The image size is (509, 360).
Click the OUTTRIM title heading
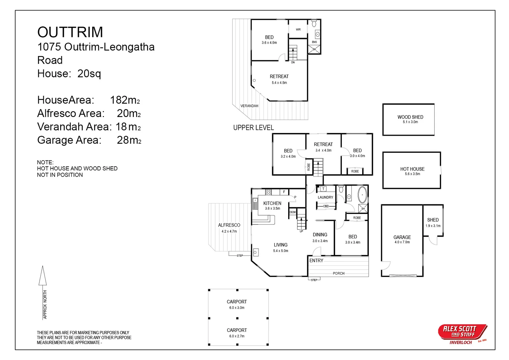[x=70, y=32]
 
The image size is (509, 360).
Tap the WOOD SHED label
[x=410, y=117]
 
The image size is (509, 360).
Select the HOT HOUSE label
[x=412, y=169]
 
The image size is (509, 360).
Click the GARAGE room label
[x=402, y=237]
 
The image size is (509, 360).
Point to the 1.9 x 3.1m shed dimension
[x=433, y=226]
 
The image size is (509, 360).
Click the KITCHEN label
[x=272, y=203]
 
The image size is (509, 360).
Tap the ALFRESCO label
[x=229, y=225]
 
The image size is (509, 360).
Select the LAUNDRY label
[x=325, y=197]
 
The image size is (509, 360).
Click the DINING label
[x=320, y=235]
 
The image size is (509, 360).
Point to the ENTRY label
[x=316, y=261]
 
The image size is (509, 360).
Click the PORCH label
[x=338, y=273]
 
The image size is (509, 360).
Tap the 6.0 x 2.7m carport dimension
[x=237, y=336]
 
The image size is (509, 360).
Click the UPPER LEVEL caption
[x=253, y=128]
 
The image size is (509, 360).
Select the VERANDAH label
[x=249, y=106]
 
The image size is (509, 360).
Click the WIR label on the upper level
[x=298, y=30]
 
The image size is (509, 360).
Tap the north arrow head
[x=43, y=275]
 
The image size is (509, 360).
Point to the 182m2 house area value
[x=125, y=100]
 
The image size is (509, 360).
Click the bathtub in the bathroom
[x=362, y=195]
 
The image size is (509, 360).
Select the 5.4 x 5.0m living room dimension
[x=280, y=251]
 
